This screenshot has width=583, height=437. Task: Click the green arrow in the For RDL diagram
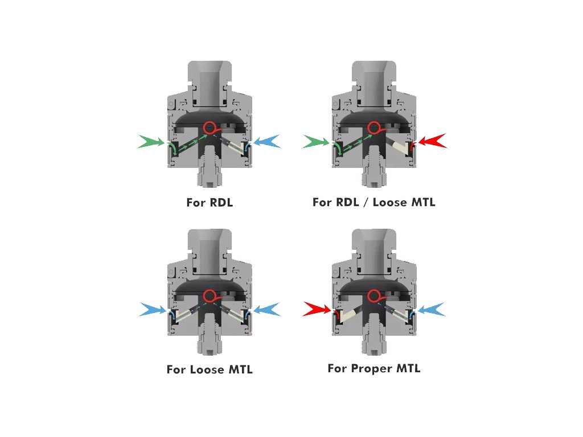[150, 142]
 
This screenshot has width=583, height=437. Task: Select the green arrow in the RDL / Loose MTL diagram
[315, 142]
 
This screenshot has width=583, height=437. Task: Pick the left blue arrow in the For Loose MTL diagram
[152, 310]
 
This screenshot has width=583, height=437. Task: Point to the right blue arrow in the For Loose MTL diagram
[266, 310]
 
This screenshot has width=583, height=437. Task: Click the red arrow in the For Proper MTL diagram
[317, 310]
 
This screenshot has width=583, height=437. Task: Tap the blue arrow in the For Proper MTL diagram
[432, 310]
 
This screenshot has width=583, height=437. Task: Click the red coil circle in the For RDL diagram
[210, 127]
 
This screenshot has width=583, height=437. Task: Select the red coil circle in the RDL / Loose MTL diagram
[373, 127]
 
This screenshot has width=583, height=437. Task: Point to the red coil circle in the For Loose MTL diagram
[210, 296]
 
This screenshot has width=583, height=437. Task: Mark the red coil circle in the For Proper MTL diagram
[373, 296]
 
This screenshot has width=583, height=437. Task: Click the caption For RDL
[210, 202]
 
